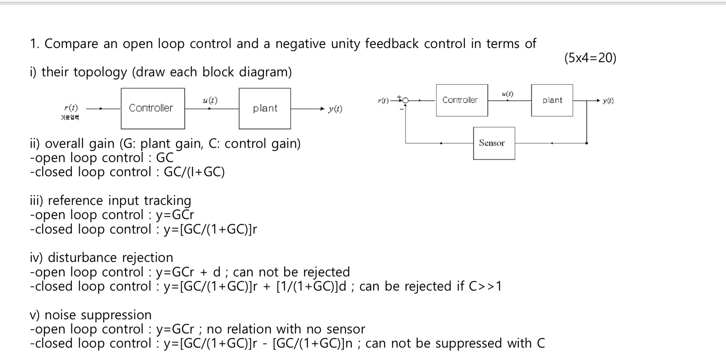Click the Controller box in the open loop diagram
point(153,108)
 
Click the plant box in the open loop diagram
point(265,108)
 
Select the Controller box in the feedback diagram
point(462,100)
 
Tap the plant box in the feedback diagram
point(552,100)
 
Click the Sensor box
point(494,143)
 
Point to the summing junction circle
point(405,101)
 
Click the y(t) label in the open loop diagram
point(335,109)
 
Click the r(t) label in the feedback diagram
point(383,101)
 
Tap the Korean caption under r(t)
point(70,117)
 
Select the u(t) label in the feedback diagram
point(507,94)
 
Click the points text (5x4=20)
point(590,58)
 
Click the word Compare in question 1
point(71,44)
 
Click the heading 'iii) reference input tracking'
point(111,200)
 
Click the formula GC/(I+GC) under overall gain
point(194,172)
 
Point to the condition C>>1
point(485,286)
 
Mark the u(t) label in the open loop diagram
point(210,100)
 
